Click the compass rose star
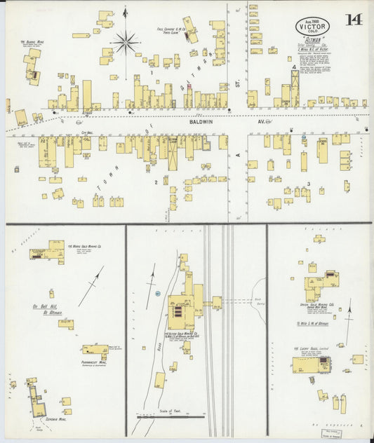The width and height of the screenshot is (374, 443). pos(126,43)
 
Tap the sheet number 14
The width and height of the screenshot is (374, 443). pos(354,20)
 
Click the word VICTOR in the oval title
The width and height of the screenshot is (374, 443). pos(311,27)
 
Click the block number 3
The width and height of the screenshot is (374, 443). pos(308,184)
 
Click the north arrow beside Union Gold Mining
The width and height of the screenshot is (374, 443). pos(348,319)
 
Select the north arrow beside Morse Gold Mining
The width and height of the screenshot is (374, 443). pos(91,286)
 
